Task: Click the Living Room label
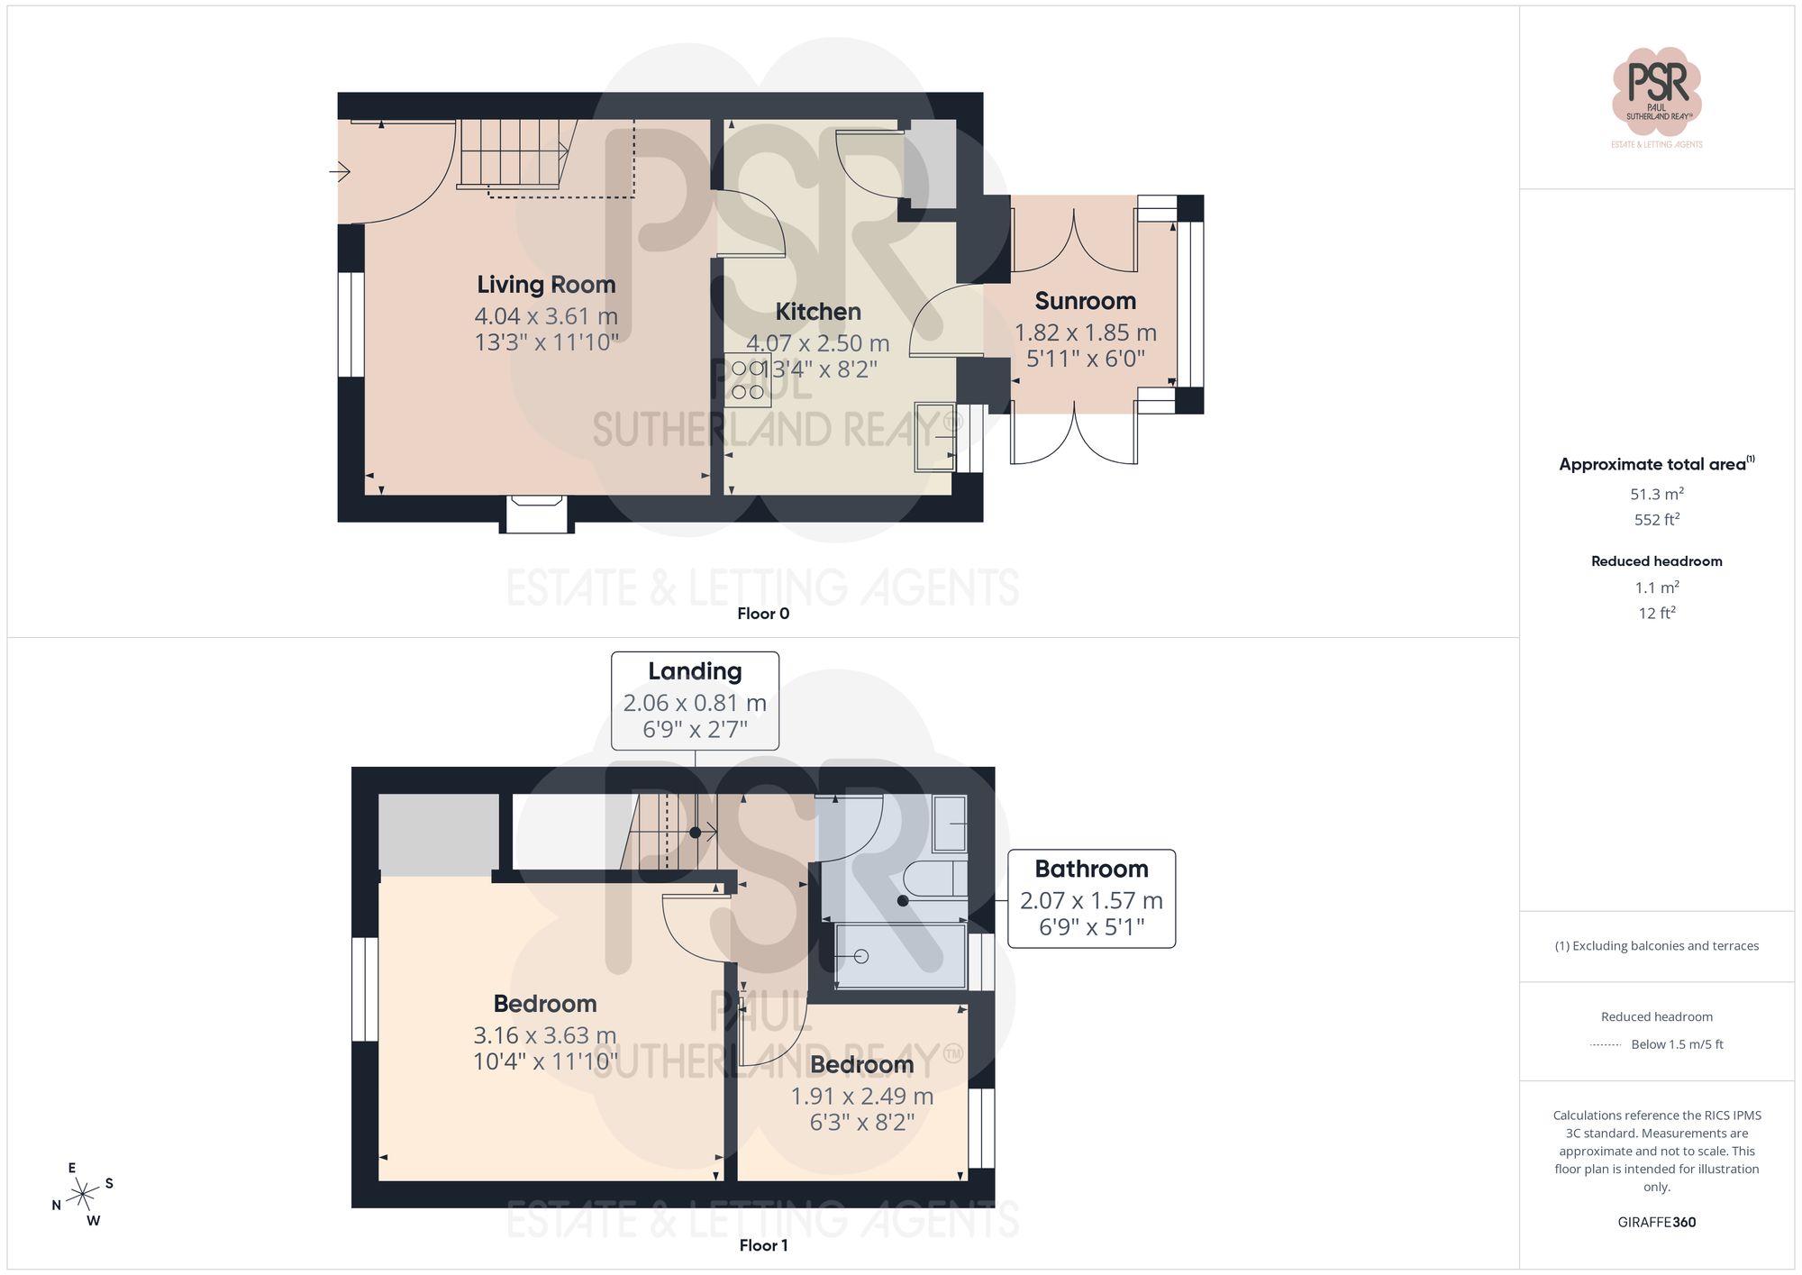(x=546, y=285)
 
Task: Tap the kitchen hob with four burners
(x=747, y=379)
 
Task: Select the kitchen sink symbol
(x=934, y=437)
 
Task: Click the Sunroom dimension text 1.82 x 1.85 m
(x=1085, y=332)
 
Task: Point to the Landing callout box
(x=695, y=700)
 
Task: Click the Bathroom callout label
(x=1090, y=869)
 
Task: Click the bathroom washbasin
(x=950, y=824)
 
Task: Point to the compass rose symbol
(x=83, y=1195)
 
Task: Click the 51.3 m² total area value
(x=1656, y=494)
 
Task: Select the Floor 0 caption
(x=762, y=614)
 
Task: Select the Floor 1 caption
(x=762, y=1245)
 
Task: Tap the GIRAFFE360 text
(x=1656, y=1222)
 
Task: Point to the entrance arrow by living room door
(x=340, y=170)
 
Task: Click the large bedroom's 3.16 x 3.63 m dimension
(x=544, y=1035)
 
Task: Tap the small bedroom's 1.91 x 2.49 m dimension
(x=861, y=1096)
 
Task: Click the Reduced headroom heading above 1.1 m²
(x=1656, y=560)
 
